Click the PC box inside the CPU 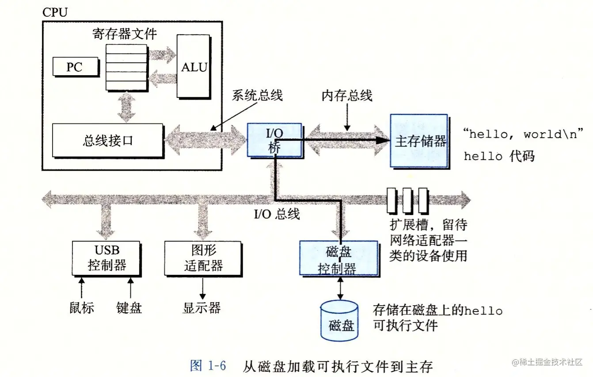74,67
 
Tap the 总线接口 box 107,141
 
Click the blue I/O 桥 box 274,139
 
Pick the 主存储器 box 419,141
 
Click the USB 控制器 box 106,258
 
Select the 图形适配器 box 203,258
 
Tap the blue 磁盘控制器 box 338,259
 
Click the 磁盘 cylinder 339,321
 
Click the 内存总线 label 347,95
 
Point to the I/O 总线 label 277,214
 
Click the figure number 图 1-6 208,366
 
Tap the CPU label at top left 55,12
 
